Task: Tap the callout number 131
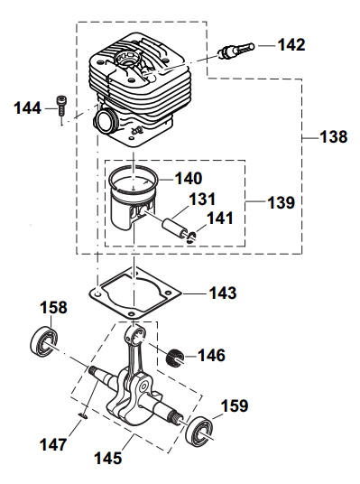202,199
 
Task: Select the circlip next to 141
189,238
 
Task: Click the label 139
281,203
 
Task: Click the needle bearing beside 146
174,357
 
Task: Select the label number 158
53,308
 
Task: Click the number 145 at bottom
110,459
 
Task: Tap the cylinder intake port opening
106,120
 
